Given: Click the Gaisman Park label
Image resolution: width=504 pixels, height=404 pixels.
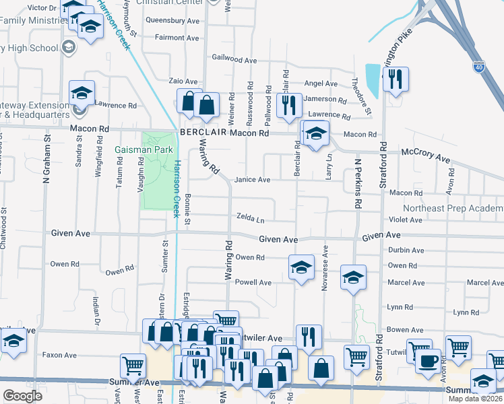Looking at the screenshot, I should point(144,149).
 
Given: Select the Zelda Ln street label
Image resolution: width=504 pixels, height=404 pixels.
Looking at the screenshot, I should point(250,218).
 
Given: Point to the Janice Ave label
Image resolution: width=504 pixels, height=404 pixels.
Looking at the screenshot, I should point(252,180).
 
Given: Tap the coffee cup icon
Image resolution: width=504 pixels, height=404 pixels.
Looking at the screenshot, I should point(427,361).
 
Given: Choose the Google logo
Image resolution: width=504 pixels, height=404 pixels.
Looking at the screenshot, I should point(23,396).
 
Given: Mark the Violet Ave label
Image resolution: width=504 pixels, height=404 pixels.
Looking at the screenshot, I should point(406,220).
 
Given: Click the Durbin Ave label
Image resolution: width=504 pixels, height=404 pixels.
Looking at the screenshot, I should point(406,250).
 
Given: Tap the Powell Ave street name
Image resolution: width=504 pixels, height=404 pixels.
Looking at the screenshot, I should point(253,283).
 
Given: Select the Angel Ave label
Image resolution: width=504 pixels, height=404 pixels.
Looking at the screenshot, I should point(321,83).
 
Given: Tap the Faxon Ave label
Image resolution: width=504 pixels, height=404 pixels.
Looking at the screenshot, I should point(61,355).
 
